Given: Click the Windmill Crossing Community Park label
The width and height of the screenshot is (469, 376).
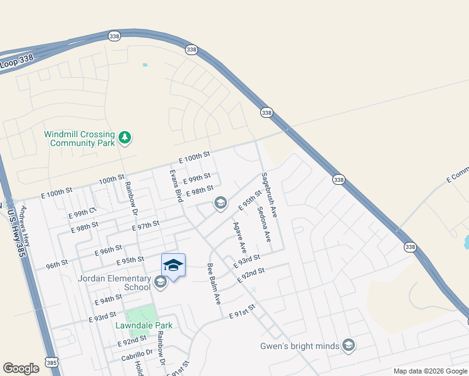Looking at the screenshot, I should (79, 138).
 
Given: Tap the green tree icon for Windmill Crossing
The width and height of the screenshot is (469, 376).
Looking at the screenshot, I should (125, 137).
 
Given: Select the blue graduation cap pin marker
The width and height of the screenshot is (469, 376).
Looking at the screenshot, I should (173, 265).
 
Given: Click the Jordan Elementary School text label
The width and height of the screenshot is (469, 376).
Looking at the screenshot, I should (114, 283).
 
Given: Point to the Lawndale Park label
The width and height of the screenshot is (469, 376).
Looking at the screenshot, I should (144, 325).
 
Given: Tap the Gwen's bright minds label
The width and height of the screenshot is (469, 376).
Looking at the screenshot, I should (300, 346).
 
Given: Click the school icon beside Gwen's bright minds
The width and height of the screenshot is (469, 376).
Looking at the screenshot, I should (349, 345).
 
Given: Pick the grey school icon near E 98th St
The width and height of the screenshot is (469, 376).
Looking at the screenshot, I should (220, 203).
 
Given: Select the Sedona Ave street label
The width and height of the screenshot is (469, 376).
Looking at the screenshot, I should (263, 224).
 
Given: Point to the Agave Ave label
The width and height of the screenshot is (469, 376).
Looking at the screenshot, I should (240, 239).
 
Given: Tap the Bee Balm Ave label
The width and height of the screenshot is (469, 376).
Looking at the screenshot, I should (214, 283).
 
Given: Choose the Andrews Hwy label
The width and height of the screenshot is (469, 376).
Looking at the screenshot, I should (26, 225).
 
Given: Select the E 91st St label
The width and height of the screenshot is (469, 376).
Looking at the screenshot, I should (243, 311).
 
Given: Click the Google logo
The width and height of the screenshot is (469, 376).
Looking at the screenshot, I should (21, 368).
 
